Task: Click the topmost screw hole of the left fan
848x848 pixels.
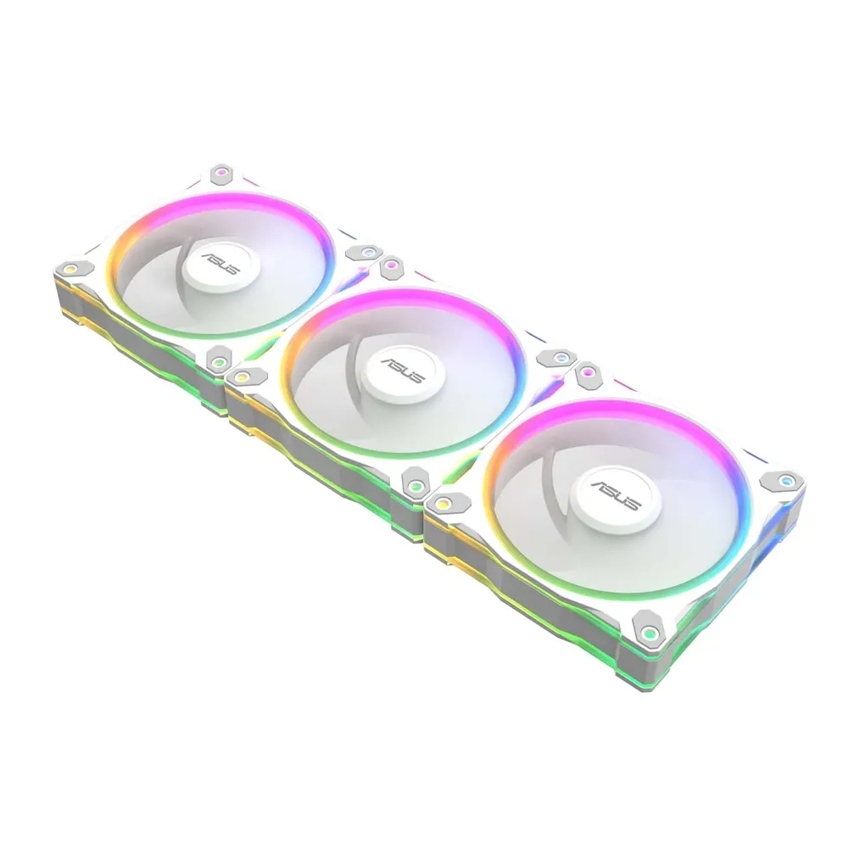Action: click(220, 173)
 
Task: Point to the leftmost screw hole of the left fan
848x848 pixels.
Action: click(70, 267)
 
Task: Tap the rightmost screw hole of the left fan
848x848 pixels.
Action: click(368, 252)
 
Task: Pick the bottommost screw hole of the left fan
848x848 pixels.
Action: click(218, 362)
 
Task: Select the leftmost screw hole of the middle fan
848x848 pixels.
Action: click(242, 376)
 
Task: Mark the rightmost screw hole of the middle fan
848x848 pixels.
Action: click(561, 358)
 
